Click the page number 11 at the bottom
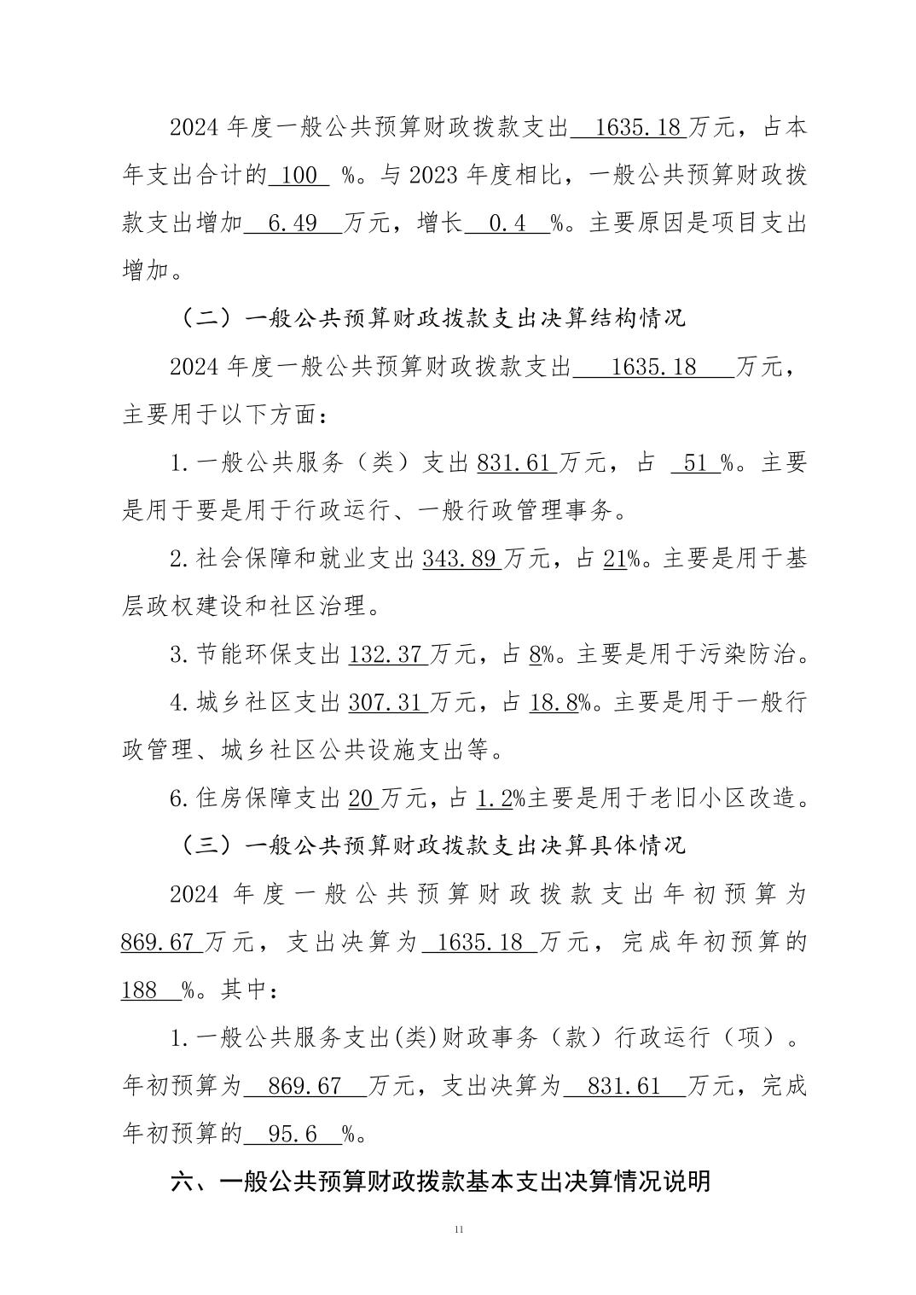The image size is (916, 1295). tap(458, 1229)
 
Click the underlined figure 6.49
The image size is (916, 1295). tap(293, 224)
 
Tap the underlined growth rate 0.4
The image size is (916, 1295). tap(506, 224)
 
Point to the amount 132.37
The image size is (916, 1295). tap(386, 655)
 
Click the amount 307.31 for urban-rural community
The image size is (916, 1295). tap(386, 703)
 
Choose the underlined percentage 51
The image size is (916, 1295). tap(695, 463)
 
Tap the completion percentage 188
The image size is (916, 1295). tap(140, 990)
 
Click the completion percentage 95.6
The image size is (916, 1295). tap(293, 1134)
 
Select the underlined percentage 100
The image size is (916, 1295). tap(299, 177)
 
